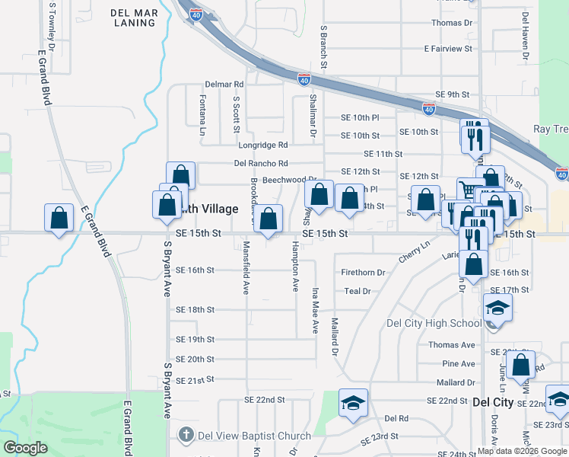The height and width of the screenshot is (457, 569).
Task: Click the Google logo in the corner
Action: pyautogui.click(x=26, y=448)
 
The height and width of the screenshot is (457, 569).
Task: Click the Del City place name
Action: pyautogui.click(x=493, y=401)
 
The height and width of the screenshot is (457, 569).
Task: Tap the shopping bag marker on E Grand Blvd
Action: pyautogui.click(x=59, y=219)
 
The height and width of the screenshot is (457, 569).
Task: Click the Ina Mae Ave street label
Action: pyautogui.click(x=314, y=311)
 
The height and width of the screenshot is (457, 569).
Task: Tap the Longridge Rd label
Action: pyautogui.click(x=263, y=145)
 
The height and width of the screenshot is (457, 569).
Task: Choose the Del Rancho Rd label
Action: pyautogui.click(x=261, y=163)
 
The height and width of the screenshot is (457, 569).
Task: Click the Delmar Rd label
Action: pyautogui.click(x=224, y=84)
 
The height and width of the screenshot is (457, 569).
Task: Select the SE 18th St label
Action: pyautogui.click(x=195, y=310)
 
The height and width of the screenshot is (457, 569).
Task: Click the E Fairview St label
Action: pyautogui.click(x=448, y=49)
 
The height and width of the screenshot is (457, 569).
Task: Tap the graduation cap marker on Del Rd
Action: pyautogui.click(x=353, y=403)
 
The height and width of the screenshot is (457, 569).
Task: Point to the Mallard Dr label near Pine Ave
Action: pyautogui.click(x=456, y=382)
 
